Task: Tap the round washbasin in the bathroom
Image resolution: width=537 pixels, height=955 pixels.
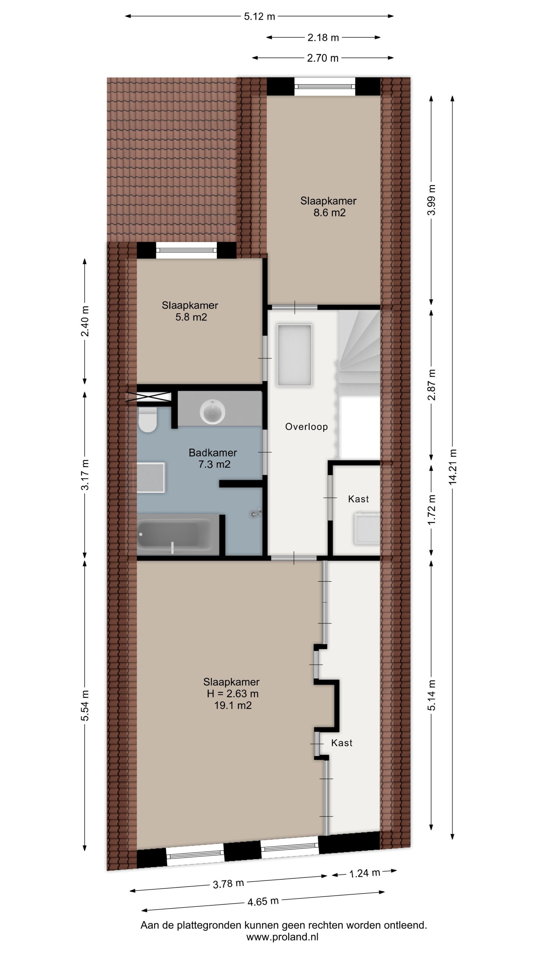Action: tap(212, 411)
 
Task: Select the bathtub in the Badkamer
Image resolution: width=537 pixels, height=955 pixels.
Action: tap(174, 535)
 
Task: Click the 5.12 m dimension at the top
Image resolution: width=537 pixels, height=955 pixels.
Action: tap(260, 16)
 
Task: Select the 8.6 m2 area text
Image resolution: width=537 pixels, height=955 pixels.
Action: tap(329, 213)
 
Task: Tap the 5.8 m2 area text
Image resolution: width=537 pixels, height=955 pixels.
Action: tap(191, 317)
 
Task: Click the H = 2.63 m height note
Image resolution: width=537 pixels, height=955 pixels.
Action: tap(233, 694)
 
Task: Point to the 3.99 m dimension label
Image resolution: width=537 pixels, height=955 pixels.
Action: tap(431, 200)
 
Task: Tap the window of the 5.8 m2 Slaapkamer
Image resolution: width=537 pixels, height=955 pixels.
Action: tap(186, 250)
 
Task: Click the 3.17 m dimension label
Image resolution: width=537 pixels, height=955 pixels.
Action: tap(85, 475)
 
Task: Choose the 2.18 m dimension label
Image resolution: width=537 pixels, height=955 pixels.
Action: tap(323, 37)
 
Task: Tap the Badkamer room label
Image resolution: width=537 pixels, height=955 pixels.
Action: tap(213, 453)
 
